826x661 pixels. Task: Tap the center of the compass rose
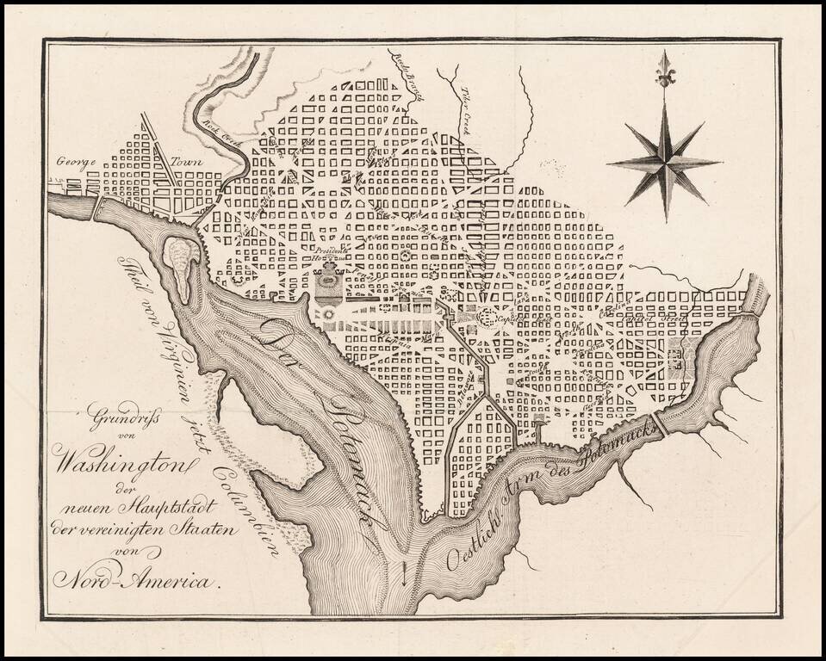coord(664,161)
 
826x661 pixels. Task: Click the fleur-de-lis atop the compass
coord(664,68)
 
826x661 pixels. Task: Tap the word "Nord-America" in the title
coord(134,581)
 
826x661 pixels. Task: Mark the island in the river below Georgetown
coord(182,268)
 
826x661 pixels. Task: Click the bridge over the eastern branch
coord(662,423)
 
